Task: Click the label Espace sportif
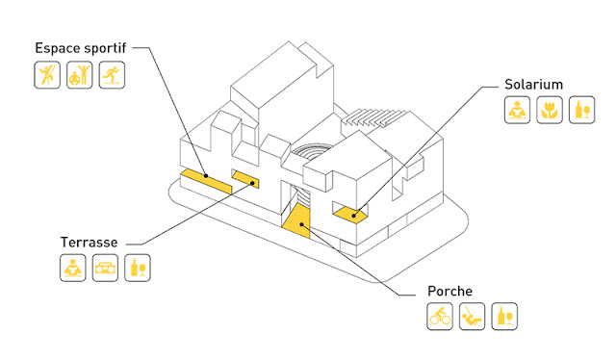[81, 48]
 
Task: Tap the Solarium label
[533, 85]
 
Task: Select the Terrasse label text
[89, 243]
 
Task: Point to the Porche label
[449, 292]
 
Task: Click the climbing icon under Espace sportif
[47, 75]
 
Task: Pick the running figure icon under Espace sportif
[112, 75]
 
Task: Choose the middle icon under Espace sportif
[79, 75]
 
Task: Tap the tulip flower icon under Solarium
[550, 110]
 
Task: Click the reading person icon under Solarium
[518, 110]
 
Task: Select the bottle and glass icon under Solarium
[582, 110]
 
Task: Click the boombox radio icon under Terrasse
[105, 268]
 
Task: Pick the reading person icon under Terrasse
[73, 268]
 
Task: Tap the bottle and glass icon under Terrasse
[138, 268]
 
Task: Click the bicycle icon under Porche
[440, 317]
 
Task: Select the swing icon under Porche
[473, 317]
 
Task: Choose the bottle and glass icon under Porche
[504, 317]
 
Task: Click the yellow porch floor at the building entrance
[297, 221]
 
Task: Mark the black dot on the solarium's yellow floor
[354, 216]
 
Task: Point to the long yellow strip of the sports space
[206, 181]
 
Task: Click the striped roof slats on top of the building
[374, 117]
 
